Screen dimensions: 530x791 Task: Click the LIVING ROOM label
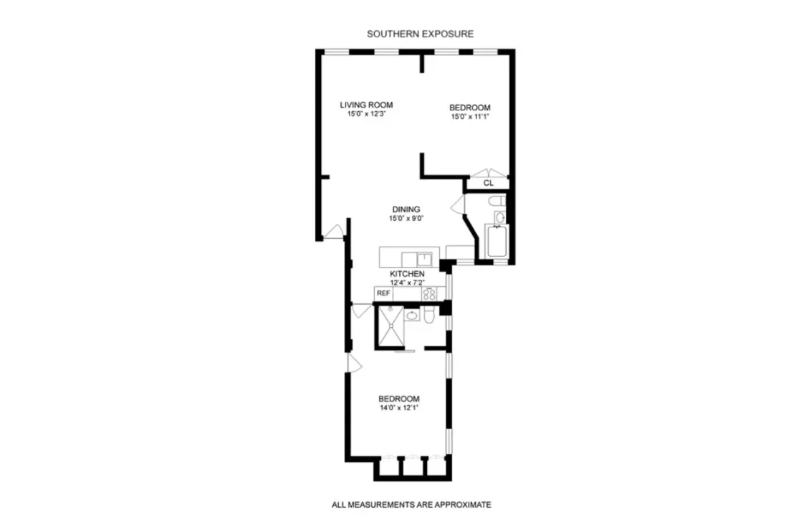pyautogui.click(x=366, y=105)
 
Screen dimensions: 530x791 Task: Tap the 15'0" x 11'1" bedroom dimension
pyautogui.click(x=469, y=116)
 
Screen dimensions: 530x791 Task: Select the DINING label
pyautogui.click(x=406, y=209)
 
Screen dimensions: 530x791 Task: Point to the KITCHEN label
pyautogui.click(x=407, y=274)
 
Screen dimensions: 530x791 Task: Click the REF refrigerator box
pyautogui.click(x=383, y=293)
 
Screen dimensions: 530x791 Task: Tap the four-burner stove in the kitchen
pyautogui.click(x=430, y=293)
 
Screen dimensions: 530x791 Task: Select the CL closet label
pyautogui.click(x=488, y=183)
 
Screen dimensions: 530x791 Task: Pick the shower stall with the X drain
pyautogui.click(x=390, y=327)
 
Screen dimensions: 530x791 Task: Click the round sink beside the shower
pyautogui.click(x=412, y=315)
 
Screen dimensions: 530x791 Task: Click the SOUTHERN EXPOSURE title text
pyautogui.click(x=420, y=34)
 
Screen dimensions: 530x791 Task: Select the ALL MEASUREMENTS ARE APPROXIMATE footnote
pyautogui.click(x=411, y=505)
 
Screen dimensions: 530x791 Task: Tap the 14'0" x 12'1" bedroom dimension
pyautogui.click(x=398, y=408)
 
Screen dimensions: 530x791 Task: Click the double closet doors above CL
pyautogui.click(x=487, y=173)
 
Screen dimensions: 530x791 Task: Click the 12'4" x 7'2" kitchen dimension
pyautogui.click(x=407, y=283)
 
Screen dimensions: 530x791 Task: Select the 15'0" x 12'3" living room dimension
pyautogui.click(x=366, y=114)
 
